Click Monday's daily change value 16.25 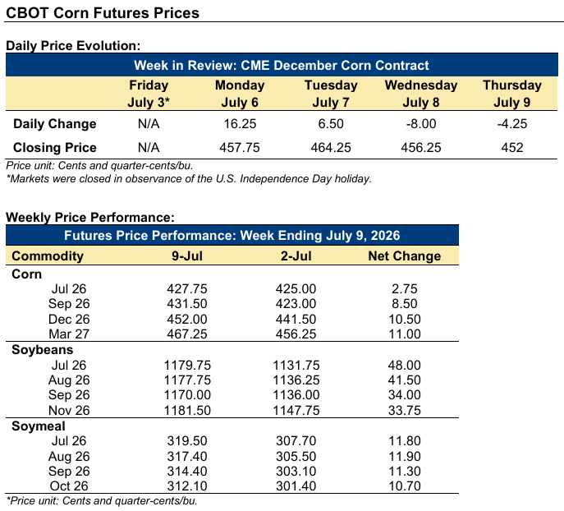click(x=240, y=124)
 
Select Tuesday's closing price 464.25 click(x=331, y=148)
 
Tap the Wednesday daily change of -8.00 click(x=421, y=124)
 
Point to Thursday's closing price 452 click(x=511, y=148)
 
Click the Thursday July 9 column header click(x=511, y=94)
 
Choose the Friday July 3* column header click(x=149, y=94)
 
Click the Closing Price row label click(x=55, y=148)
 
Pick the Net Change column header click(x=404, y=255)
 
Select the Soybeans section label click(x=43, y=350)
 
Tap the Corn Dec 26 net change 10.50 click(x=404, y=320)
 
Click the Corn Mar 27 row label click(x=69, y=334)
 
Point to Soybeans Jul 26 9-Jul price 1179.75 click(x=187, y=366)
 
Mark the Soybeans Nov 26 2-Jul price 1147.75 click(x=296, y=410)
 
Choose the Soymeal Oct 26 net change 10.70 click(x=404, y=486)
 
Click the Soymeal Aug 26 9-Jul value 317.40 click(x=187, y=456)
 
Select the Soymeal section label click(x=39, y=426)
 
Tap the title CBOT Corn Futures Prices click(x=103, y=13)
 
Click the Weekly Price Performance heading click(x=90, y=218)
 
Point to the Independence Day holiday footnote click(x=189, y=179)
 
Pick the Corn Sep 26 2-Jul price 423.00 click(x=296, y=303)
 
